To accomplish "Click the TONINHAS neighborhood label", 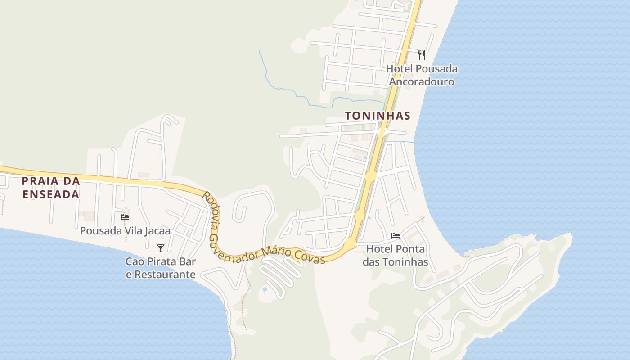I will tap(378, 116).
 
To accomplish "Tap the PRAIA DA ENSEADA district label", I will tap(51, 188).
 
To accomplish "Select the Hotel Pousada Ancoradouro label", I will tap(422, 75).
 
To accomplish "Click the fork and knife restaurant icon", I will tap(422, 55).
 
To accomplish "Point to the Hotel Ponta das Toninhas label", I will tap(396, 255).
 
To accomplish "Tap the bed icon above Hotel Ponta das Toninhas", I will tap(396, 235).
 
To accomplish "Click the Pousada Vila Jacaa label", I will tap(125, 231).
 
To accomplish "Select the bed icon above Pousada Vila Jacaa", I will tap(125, 217).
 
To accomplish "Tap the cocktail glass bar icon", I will tap(160, 248).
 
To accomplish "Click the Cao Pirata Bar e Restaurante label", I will tap(161, 268).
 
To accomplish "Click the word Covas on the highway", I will tap(310, 257).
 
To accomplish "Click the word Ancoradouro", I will tap(422, 82).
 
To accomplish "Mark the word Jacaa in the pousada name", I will tap(157, 231).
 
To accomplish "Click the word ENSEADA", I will tap(51, 194).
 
